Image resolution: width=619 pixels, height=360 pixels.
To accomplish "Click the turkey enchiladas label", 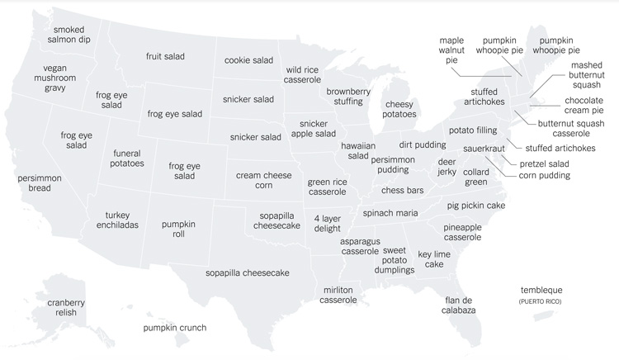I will [x=116, y=220].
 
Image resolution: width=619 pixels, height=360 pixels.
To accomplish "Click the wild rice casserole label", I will [x=308, y=75].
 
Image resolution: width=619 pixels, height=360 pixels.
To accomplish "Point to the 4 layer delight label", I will [x=327, y=224].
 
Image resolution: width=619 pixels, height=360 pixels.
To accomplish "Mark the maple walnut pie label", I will [x=451, y=50].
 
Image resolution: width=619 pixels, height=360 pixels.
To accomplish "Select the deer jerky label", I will [x=447, y=168].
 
